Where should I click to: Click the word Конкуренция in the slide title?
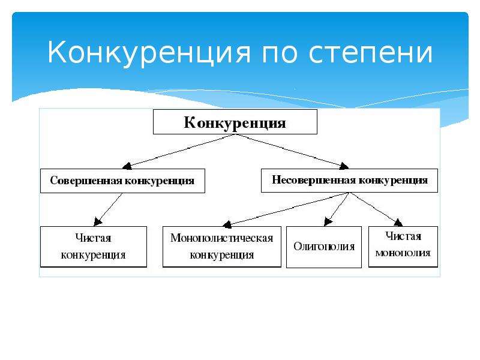point(149,53)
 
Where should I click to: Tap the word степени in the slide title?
point(370,53)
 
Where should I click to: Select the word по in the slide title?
point(279,53)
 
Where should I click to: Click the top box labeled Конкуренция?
point(235,122)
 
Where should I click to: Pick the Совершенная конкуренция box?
point(122,181)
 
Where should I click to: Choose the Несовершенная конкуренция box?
point(349,181)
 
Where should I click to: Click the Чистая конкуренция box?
point(94,247)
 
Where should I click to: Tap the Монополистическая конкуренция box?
point(221,247)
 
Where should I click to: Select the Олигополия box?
point(324,247)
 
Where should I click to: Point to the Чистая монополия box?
point(403,247)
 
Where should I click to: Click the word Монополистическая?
point(221,238)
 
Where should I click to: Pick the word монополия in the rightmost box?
point(403,253)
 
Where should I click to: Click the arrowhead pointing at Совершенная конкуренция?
point(127,166)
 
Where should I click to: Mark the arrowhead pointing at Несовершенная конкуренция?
point(344,166)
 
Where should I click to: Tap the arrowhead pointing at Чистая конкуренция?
point(98,221)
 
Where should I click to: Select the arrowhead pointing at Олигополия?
point(328,221)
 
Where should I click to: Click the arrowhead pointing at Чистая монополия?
point(398,222)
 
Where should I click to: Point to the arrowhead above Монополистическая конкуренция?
point(227,224)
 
